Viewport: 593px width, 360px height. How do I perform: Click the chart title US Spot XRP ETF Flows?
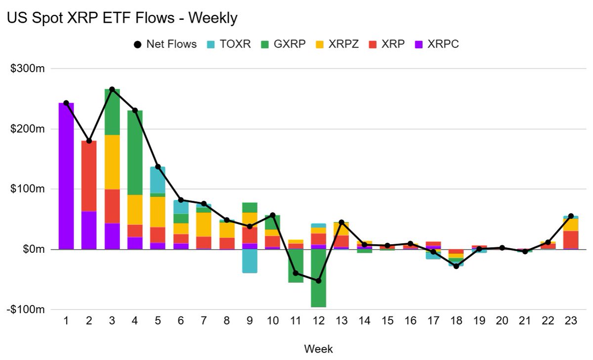[122, 18]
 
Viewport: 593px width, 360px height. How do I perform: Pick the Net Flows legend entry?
[165, 44]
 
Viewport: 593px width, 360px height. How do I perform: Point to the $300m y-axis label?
[28, 69]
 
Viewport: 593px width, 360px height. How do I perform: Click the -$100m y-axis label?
[27, 310]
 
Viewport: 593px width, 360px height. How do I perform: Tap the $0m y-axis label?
[33, 250]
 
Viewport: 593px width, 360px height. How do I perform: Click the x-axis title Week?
[318, 349]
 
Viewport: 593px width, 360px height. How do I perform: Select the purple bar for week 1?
[66, 176]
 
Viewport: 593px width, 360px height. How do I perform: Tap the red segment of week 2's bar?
[89, 176]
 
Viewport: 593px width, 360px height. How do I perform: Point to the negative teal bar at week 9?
[250, 261]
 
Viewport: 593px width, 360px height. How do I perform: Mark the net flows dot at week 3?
[112, 90]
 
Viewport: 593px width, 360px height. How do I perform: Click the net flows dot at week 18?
[456, 266]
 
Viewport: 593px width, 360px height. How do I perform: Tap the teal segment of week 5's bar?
[158, 180]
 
